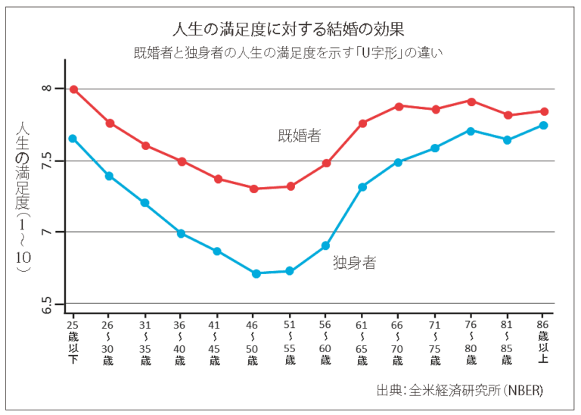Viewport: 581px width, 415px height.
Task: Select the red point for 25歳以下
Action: click(x=73, y=89)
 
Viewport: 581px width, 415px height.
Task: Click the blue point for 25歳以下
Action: click(x=73, y=139)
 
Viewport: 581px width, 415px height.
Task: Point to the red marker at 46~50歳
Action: click(x=255, y=189)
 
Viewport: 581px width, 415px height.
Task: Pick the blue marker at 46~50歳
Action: click(x=256, y=273)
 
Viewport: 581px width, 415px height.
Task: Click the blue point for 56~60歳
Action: click(x=326, y=245)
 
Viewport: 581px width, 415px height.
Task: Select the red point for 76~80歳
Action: click(x=471, y=101)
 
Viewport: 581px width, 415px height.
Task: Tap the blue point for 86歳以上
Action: click(x=544, y=126)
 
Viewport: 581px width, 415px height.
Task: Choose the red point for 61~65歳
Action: click(x=362, y=123)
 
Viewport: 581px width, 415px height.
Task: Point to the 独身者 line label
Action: click(x=355, y=263)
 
